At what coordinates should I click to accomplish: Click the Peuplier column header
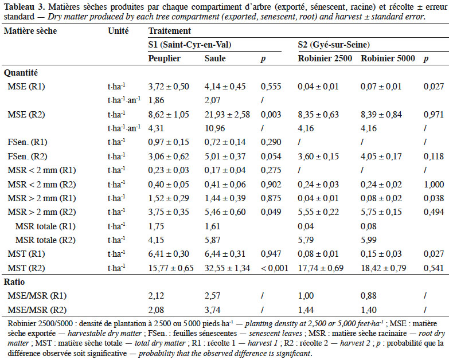click(x=165, y=58)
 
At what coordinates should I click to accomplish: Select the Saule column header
click(x=215, y=58)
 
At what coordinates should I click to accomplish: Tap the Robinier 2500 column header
click(x=325, y=58)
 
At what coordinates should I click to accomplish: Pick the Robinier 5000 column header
click(x=388, y=58)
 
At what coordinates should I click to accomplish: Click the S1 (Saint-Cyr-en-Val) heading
click(x=190, y=45)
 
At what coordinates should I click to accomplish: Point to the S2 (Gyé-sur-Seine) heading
click(x=334, y=45)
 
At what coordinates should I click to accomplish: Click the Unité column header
click(x=118, y=31)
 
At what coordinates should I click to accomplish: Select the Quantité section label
click(x=21, y=73)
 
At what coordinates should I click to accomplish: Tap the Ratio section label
click(x=14, y=282)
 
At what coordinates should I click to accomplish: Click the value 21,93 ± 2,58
click(x=227, y=115)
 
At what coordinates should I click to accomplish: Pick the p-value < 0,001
click(x=275, y=268)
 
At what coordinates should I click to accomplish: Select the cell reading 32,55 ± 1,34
click(x=227, y=268)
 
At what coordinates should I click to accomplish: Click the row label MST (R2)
click(x=26, y=268)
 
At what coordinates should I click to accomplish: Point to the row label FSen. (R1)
click(x=28, y=142)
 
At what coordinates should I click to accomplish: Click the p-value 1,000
click(x=434, y=184)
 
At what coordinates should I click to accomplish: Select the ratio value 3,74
click(x=213, y=310)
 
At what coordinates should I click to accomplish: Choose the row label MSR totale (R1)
click(x=45, y=226)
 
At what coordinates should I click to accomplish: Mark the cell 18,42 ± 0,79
click(x=384, y=268)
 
